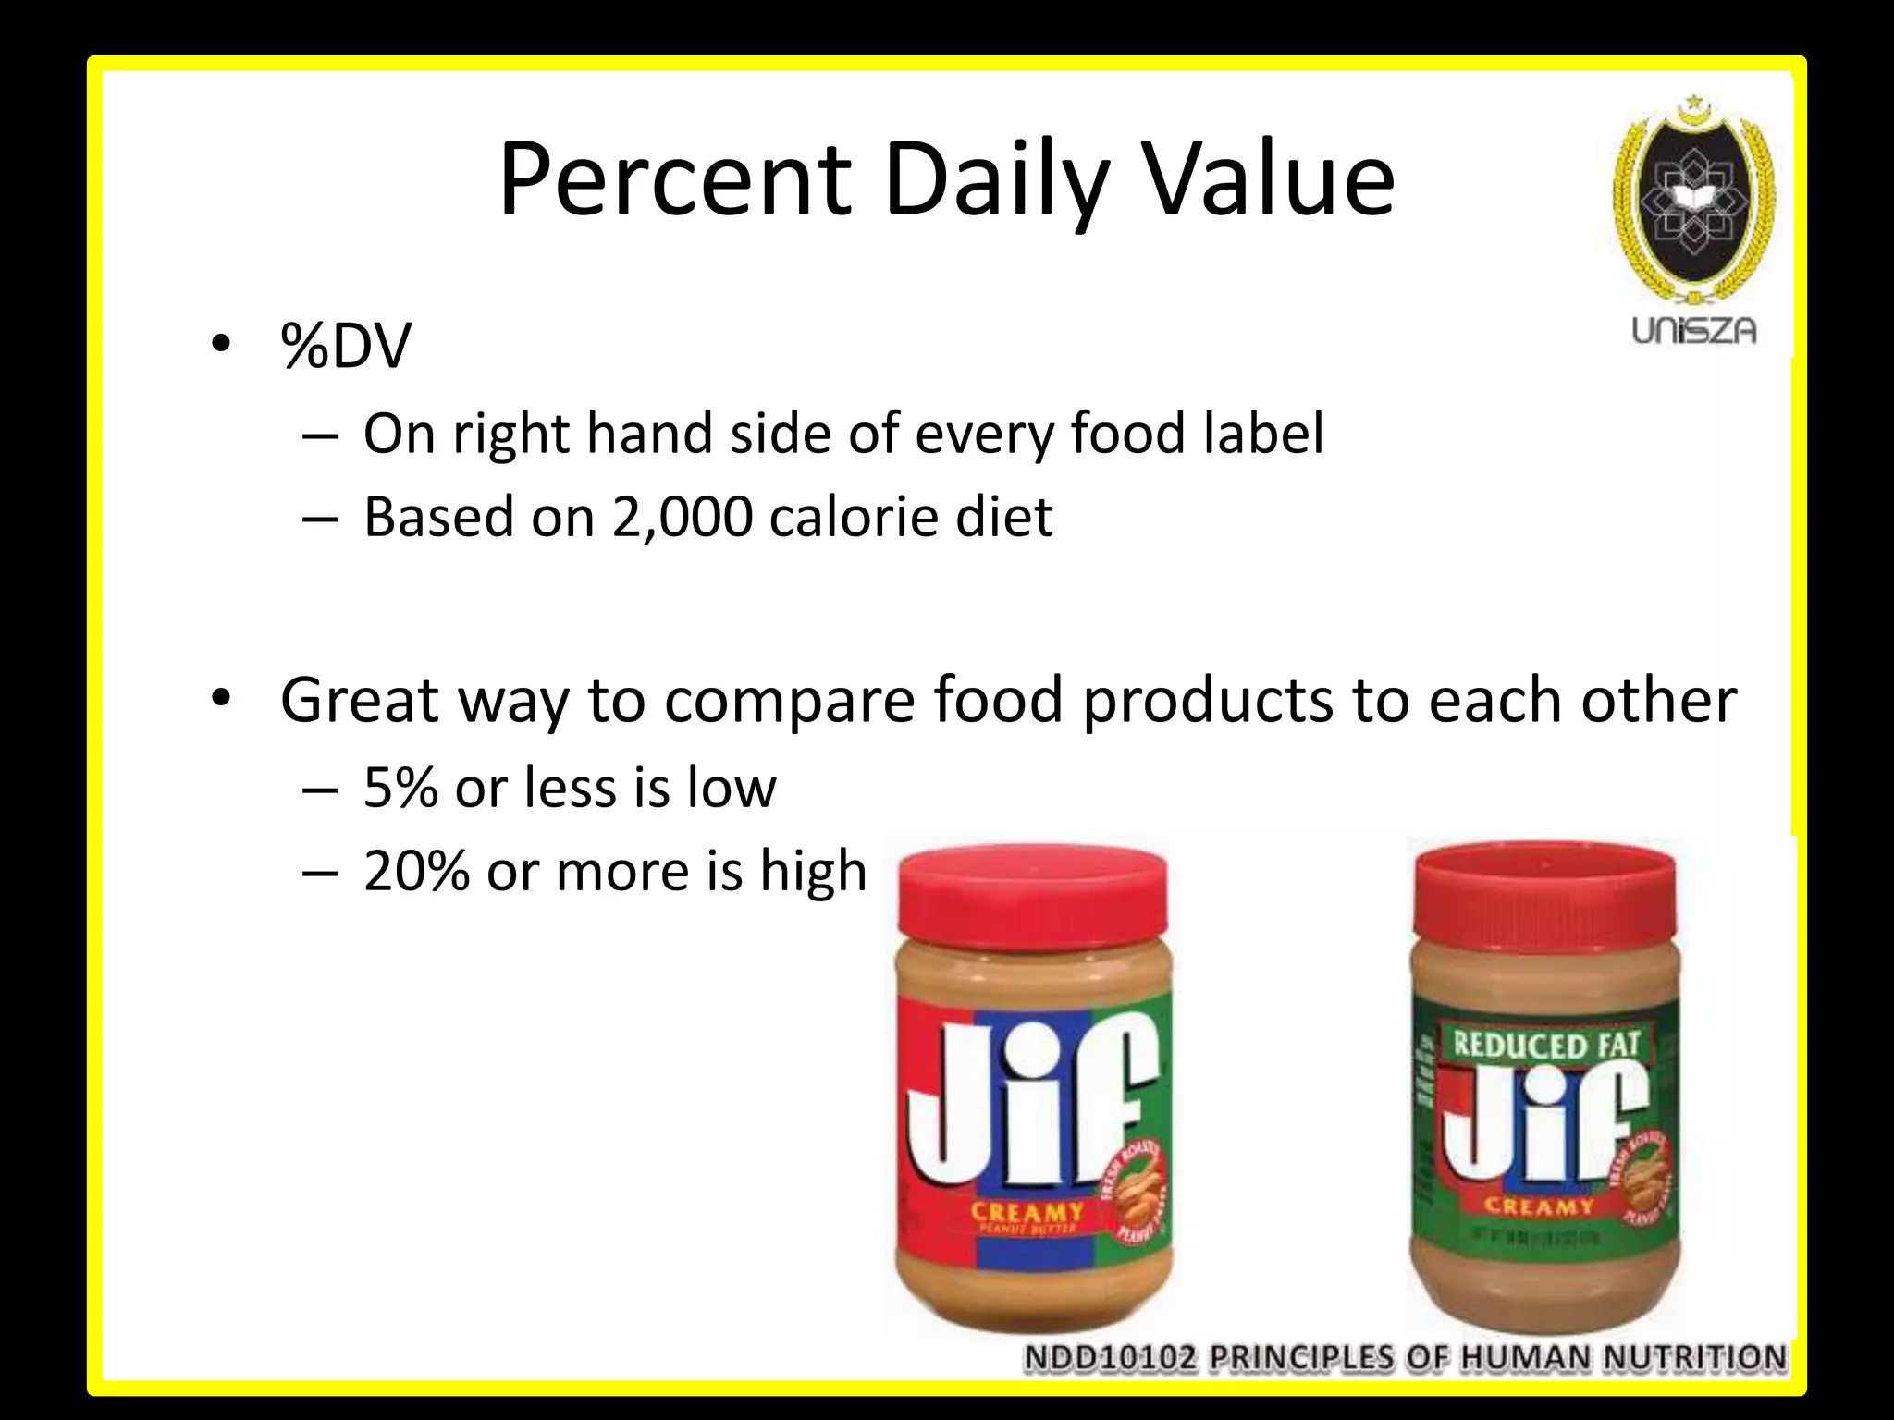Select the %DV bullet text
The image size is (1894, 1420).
point(346,347)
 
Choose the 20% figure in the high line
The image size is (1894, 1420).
point(416,871)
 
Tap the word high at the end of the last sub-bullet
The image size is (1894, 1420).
point(813,871)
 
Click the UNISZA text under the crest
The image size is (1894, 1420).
point(1694,331)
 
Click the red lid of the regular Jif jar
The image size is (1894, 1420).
point(1033,893)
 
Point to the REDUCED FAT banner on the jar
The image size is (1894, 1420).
point(1545,1046)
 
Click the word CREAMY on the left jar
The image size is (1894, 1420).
point(1027,1212)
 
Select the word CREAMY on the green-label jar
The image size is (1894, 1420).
point(1539,1206)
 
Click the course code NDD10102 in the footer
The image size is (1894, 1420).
point(1110,1357)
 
